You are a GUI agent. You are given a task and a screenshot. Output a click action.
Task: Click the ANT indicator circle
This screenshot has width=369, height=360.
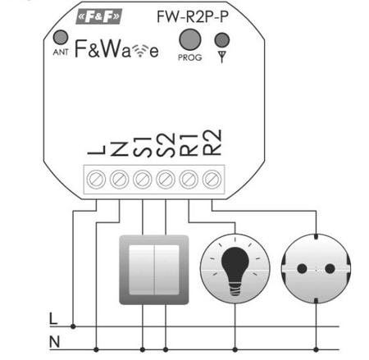coord(60,38)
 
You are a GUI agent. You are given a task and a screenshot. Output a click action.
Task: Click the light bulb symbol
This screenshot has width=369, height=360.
coord(235,268)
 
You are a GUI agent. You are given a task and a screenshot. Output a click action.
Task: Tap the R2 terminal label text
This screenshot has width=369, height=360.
coord(213,144)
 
